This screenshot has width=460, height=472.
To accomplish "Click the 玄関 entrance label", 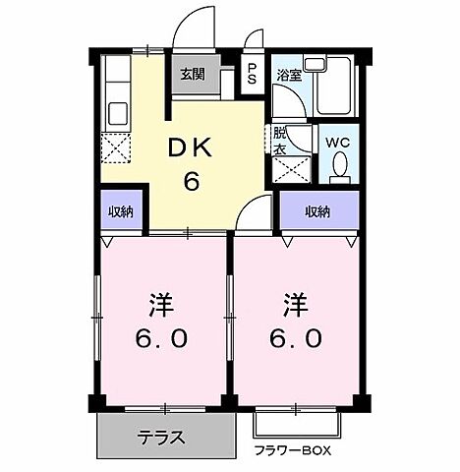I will (x=193, y=75).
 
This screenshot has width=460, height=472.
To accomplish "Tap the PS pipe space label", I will (x=253, y=75).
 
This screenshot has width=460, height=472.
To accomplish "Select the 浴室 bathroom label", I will (x=288, y=75).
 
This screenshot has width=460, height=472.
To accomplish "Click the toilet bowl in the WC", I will (x=340, y=169).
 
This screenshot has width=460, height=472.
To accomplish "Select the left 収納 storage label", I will (x=122, y=211).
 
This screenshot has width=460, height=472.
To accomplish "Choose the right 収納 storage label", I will (x=316, y=210).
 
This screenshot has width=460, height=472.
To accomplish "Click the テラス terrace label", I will (x=163, y=437).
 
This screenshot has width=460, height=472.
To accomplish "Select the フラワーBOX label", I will (x=295, y=451).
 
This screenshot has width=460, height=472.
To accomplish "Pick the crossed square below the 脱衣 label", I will (x=288, y=168).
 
